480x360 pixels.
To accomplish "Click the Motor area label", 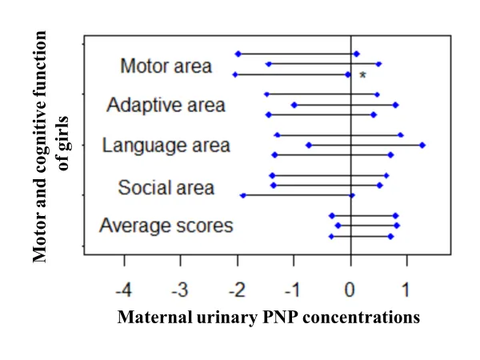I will (x=166, y=66).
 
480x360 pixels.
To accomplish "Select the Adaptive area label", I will (x=166, y=105).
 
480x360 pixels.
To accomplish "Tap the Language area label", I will (x=166, y=146).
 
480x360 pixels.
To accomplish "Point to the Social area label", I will (x=166, y=188).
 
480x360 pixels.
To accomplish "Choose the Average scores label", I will (x=166, y=226).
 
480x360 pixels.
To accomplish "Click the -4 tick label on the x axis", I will (x=124, y=286).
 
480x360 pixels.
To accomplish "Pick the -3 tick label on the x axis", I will (x=181, y=286).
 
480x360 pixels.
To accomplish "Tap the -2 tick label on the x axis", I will (x=237, y=286).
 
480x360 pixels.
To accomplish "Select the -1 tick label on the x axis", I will (x=293, y=286).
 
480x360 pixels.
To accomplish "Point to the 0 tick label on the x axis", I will (x=350, y=286).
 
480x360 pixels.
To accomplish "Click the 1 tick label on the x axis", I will (x=407, y=286).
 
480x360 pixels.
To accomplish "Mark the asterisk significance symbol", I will (x=362, y=75).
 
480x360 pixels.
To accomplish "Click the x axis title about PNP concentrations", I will (x=268, y=317).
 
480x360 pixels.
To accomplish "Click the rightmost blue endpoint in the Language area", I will (x=422, y=145).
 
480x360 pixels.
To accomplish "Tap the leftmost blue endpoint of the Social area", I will (x=242, y=194).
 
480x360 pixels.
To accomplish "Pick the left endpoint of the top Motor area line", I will (x=238, y=54).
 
